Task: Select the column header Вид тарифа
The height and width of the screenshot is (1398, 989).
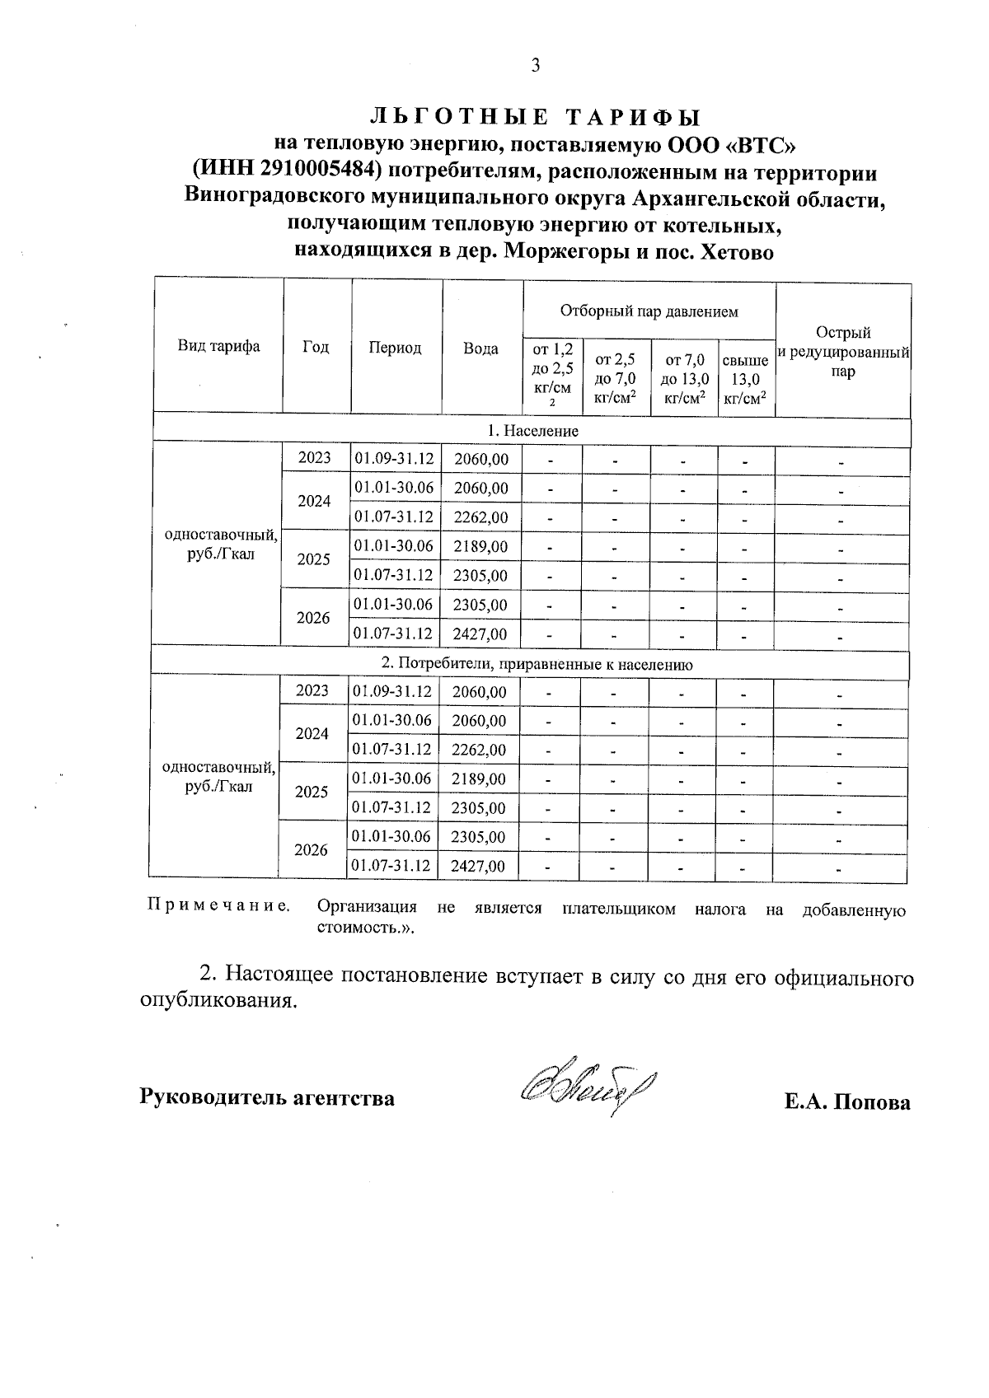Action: point(218,347)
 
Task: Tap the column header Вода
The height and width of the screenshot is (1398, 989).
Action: point(481,348)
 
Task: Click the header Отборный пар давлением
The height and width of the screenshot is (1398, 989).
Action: point(649,311)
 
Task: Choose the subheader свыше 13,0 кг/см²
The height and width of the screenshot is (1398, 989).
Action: point(745,380)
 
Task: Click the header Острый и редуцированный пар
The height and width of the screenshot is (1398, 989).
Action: point(843,352)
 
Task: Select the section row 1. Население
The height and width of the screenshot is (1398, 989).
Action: point(532,431)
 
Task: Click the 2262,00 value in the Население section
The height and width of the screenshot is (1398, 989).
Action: point(480,517)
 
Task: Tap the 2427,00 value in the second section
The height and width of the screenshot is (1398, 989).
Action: point(478,866)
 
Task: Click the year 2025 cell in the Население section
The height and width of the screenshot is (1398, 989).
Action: point(314,560)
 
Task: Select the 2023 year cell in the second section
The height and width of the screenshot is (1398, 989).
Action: point(312,690)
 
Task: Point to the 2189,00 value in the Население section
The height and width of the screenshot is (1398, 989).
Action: point(480,546)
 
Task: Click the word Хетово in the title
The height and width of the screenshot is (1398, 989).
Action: point(736,252)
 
